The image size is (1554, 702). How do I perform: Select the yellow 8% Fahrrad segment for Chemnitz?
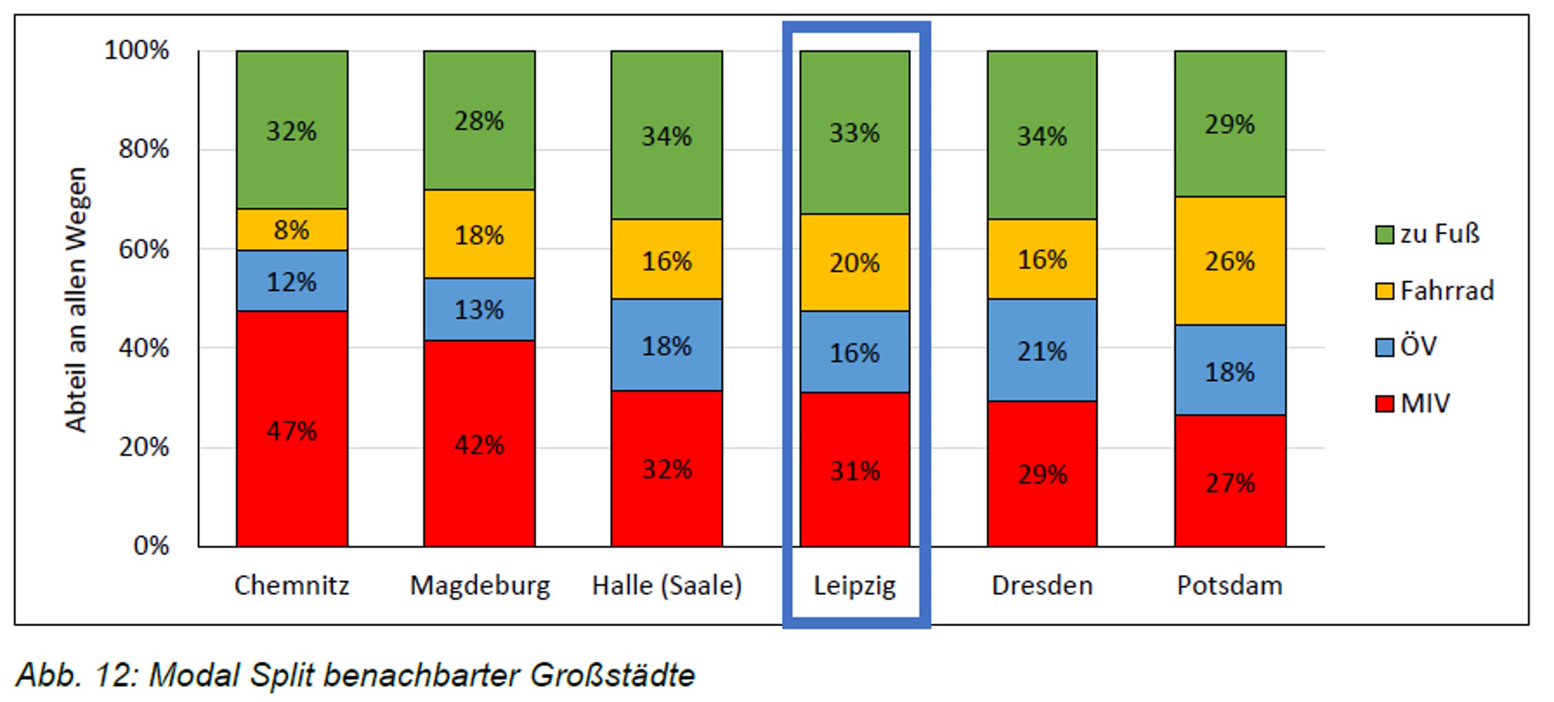[x=291, y=229]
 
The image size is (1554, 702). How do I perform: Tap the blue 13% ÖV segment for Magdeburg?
[x=479, y=309]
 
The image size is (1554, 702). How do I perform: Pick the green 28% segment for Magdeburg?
[x=479, y=120]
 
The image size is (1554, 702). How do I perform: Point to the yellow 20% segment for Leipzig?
[x=854, y=262]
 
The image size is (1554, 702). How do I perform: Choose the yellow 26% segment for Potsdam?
[x=1229, y=261]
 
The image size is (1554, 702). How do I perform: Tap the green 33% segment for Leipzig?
[x=854, y=132]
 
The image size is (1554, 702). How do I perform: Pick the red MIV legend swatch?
[x=1384, y=403]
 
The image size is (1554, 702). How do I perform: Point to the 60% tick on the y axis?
[x=144, y=248]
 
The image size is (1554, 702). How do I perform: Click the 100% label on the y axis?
[x=136, y=50]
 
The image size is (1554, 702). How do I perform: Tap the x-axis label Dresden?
[x=1042, y=585]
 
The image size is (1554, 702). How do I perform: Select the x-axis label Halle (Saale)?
[x=666, y=585]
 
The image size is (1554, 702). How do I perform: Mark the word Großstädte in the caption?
[x=612, y=674]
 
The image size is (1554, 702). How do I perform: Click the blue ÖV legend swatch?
[x=1384, y=347]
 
